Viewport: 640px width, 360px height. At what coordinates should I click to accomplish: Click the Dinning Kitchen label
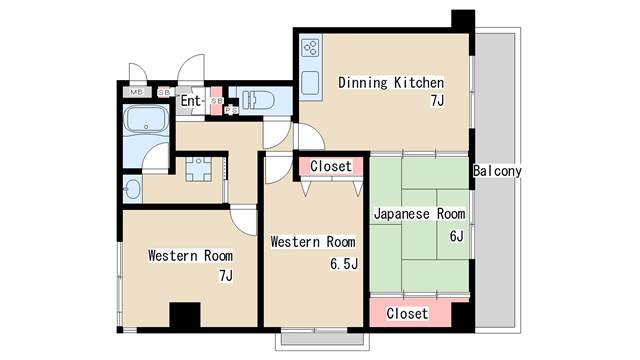391,83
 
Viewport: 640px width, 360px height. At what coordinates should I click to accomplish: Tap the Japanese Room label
420,214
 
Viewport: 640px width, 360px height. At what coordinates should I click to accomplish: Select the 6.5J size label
344,264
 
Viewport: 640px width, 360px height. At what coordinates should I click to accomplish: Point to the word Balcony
497,171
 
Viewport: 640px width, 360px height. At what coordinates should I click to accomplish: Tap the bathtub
146,119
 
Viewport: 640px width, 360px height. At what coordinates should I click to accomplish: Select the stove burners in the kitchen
311,48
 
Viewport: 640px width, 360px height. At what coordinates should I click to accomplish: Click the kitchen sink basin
310,83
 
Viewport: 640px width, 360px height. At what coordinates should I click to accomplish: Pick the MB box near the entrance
137,92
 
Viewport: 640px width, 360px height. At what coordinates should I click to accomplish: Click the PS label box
231,110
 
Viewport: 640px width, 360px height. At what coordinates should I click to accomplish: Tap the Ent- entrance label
191,100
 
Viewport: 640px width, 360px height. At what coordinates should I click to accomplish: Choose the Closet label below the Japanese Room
407,313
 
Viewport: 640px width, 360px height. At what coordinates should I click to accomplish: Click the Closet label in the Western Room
331,166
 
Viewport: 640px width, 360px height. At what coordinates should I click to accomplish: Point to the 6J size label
456,236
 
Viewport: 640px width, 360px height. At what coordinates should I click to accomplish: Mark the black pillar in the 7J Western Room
185,315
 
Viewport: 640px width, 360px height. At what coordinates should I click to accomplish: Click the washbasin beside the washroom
132,189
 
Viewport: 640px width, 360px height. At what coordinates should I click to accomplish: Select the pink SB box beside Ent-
217,100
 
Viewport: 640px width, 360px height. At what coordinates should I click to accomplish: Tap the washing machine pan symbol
198,169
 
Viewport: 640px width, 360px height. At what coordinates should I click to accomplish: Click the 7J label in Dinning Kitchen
437,100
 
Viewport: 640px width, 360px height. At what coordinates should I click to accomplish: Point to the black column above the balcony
463,20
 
